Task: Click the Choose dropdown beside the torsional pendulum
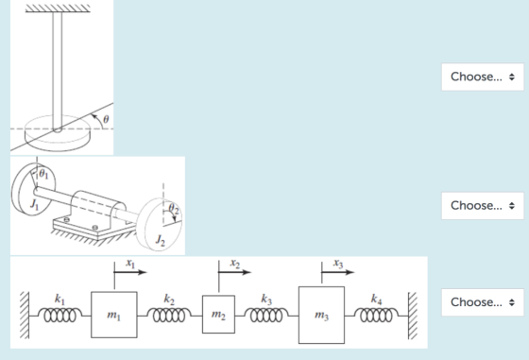click(x=483, y=77)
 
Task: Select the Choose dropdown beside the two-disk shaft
click(x=483, y=205)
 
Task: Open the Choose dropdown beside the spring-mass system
click(x=483, y=302)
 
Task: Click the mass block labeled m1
click(x=114, y=315)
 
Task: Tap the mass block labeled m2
click(x=218, y=314)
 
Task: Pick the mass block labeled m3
click(x=321, y=316)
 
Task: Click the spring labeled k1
click(x=60, y=316)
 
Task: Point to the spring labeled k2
click(x=169, y=316)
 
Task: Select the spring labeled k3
click(x=266, y=316)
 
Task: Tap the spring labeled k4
click(x=377, y=316)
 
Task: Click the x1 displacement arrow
click(x=130, y=272)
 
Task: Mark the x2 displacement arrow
click(x=235, y=272)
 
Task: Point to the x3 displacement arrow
click(x=338, y=272)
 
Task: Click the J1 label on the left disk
click(x=34, y=204)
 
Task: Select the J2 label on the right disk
click(x=161, y=240)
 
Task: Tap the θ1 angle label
click(x=43, y=174)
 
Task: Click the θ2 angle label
click(x=174, y=209)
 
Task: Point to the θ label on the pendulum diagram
click(x=106, y=119)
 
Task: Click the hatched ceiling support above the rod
click(x=58, y=9)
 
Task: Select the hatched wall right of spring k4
click(x=413, y=316)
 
